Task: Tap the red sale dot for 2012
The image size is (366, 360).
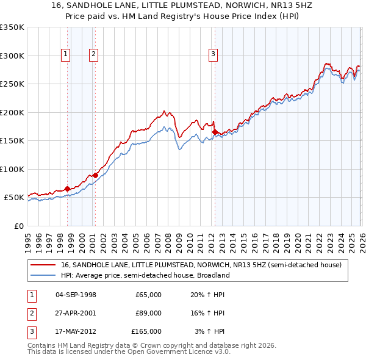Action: pyautogui.click(x=215, y=132)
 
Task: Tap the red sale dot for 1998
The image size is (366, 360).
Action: pyautogui.click(x=67, y=189)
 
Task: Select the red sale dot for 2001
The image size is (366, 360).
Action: pyautogui.click(x=95, y=175)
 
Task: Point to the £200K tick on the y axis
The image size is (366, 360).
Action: pyautogui.click(x=12, y=112)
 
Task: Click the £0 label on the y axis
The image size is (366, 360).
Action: pyautogui.click(x=18, y=226)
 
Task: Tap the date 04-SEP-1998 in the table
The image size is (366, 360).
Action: pyautogui.click(x=76, y=295)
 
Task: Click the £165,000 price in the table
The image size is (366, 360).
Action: pyautogui.click(x=146, y=331)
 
